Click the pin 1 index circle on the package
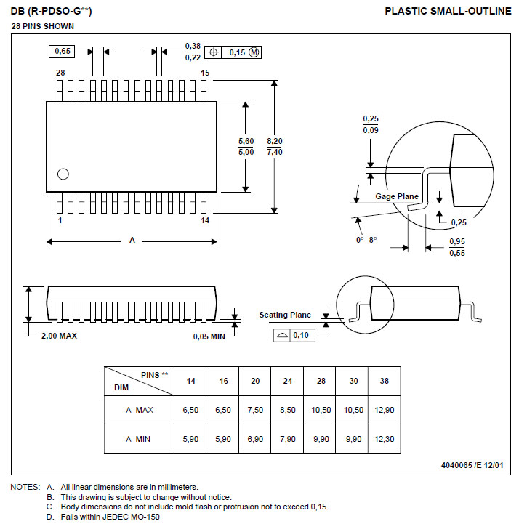[63, 174]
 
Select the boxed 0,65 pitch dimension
[62, 52]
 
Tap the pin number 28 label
[60, 73]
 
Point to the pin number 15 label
[205, 73]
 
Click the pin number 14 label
[205, 220]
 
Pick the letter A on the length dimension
[132, 241]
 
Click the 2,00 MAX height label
[59, 336]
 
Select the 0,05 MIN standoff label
[209, 336]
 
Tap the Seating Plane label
[285, 315]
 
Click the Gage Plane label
[397, 196]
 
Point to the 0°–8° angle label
[366, 240]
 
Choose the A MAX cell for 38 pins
[385, 410]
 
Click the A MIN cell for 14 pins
[190, 439]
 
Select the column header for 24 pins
[288, 381]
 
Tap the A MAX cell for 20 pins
[255, 410]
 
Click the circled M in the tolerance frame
[254, 52]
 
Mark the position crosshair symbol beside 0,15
[214, 52]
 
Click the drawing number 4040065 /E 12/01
[472, 465]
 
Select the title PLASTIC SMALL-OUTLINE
[448, 11]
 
